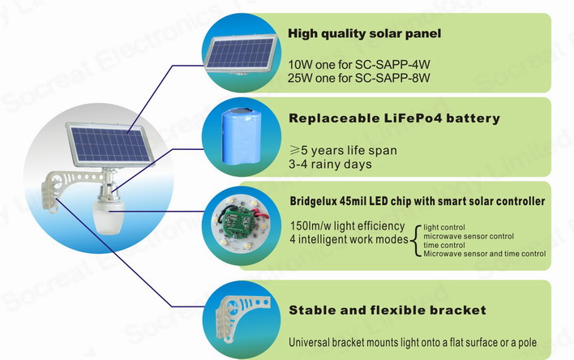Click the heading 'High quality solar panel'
click(364, 34)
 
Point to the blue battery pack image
click(242, 135)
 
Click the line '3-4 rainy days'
click(330, 164)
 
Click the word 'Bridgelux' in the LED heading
click(313, 201)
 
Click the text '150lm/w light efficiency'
click(348, 226)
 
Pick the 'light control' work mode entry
click(444, 227)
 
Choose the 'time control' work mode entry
click(444, 245)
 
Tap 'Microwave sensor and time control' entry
click(484, 254)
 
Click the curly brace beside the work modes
click(415, 241)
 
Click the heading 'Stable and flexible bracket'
click(388, 311)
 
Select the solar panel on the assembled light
click(109, 145)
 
